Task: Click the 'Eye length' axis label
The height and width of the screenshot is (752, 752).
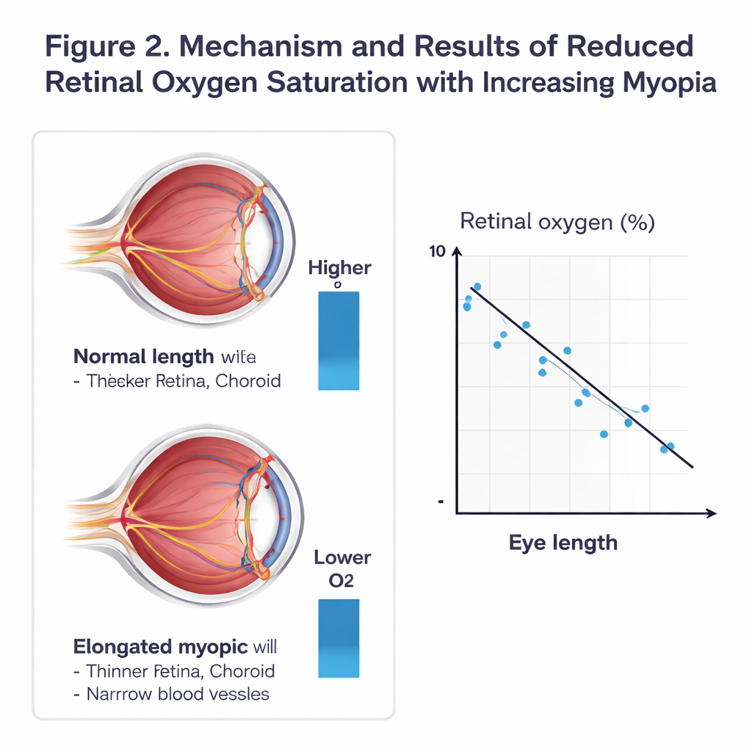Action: tap(563, 543)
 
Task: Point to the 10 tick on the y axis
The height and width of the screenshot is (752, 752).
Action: tap(436, 251)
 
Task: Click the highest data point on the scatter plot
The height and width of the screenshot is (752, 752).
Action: tap(477, 286)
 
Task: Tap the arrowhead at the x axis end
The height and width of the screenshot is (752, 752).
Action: tap(711, 513)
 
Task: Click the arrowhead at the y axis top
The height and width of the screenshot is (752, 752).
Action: tap(457, 253)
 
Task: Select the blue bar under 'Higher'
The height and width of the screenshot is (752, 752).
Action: tap(339, 340)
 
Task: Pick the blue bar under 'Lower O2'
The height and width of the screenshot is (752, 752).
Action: tap(339, 637)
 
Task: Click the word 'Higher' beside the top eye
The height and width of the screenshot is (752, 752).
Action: tap(339, 268)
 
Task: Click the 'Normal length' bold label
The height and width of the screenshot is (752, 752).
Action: tap(143, 358)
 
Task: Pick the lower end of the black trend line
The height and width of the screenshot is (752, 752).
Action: tap(690, 465)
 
